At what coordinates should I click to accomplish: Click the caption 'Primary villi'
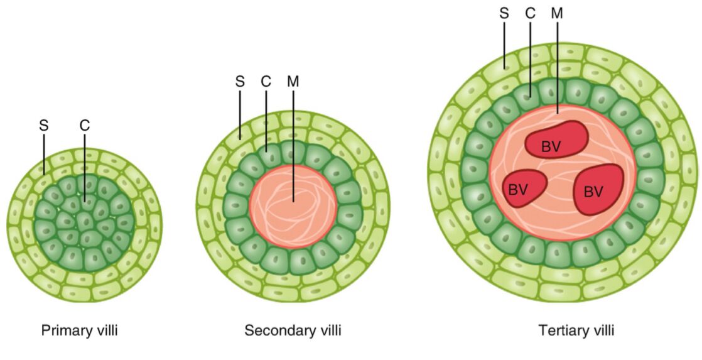(79, 330)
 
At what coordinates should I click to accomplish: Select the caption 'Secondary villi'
(293, 330)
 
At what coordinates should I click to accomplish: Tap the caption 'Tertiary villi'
(576, 330)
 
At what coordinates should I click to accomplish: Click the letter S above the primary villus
(44, 125)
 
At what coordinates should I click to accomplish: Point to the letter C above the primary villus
(85, 125)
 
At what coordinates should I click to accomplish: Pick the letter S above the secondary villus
(240, 82)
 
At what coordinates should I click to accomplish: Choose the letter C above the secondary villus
(266, 82)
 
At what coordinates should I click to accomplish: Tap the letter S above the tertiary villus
(504, 13)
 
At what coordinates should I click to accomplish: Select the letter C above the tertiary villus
(531, 13)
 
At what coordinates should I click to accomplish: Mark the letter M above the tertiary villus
(557, 13)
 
